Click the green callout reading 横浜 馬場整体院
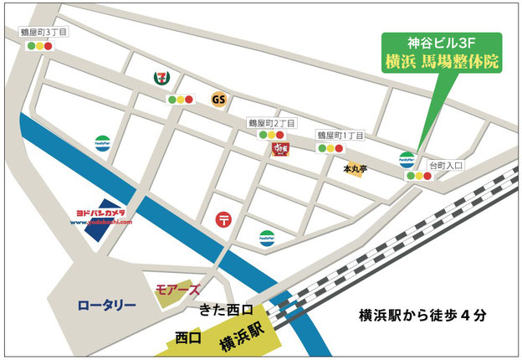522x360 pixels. click(440, 61)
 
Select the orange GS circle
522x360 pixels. click(219, 100)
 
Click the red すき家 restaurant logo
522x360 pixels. click(279, 149)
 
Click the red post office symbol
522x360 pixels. click(224, 220)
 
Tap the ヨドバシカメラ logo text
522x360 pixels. click(98, 214)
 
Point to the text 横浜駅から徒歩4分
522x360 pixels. click(422, 316)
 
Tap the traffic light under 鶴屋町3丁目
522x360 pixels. click(39, 47)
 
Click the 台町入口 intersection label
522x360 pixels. click(445, 165)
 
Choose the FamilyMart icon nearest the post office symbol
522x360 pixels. click(266, 237)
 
